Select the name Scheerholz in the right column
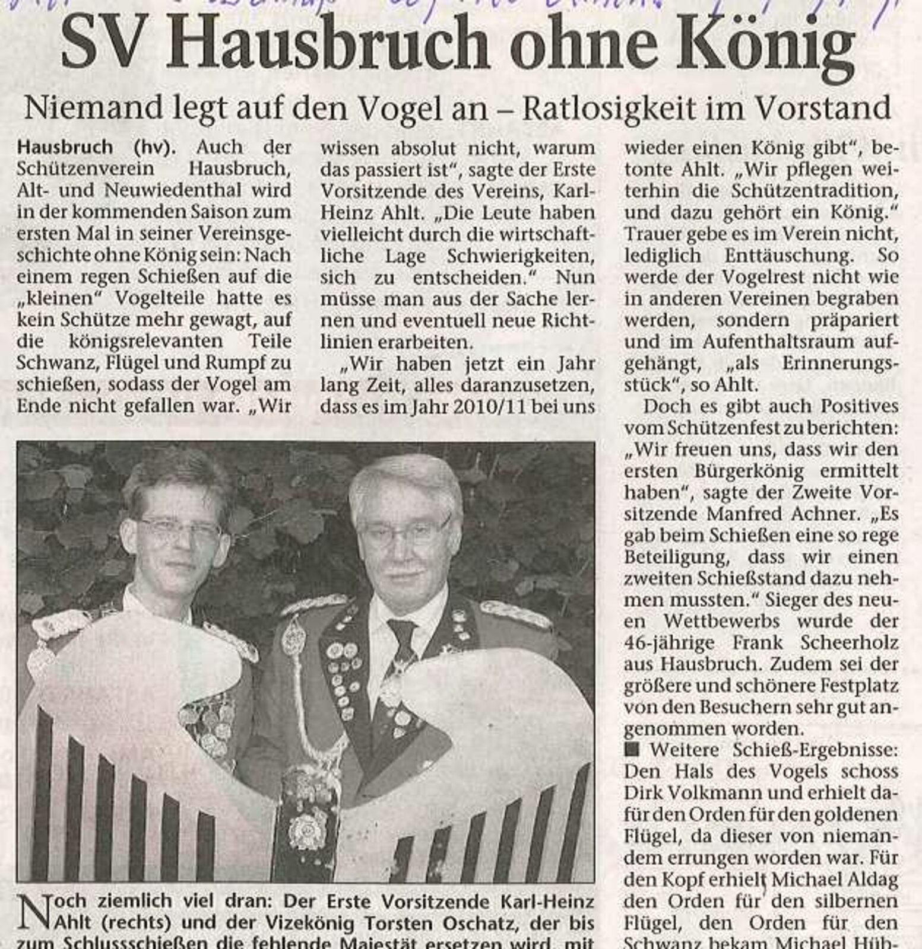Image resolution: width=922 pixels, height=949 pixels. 851,643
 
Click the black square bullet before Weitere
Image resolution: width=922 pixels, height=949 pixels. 632,749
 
